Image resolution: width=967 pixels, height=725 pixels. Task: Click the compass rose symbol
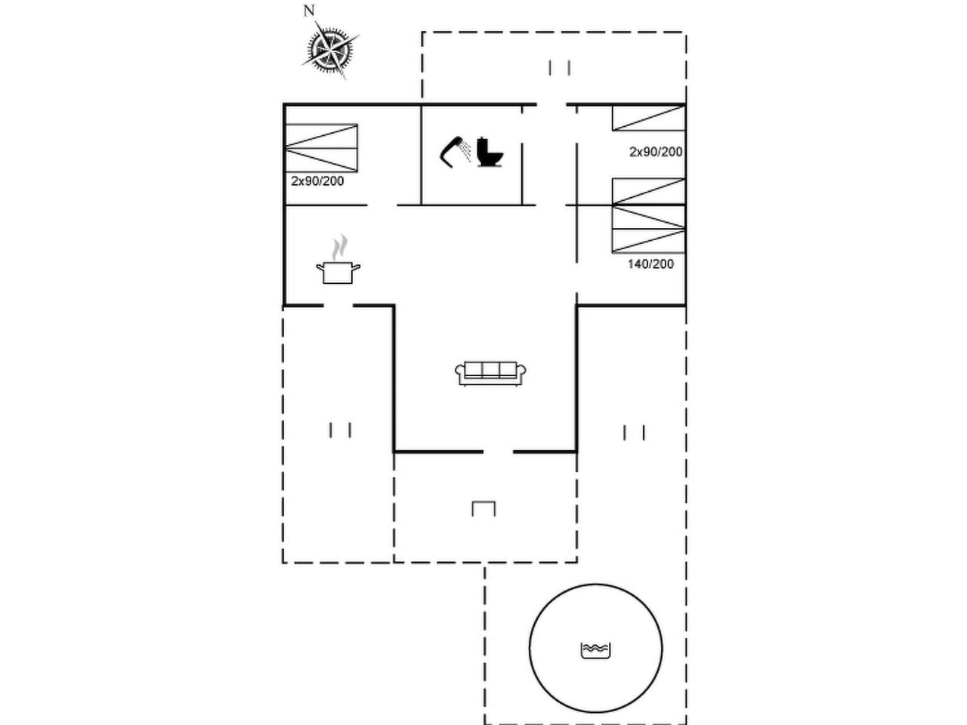point(330,49)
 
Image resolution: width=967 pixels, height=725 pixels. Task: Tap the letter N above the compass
point(309,11)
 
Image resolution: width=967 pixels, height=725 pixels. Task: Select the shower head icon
point(455,152)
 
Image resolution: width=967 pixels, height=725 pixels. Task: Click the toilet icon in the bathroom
point(490,153)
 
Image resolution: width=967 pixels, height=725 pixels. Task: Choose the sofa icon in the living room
point(490,374)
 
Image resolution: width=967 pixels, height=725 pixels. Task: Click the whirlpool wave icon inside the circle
point(595,650)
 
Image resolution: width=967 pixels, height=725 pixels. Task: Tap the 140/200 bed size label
point(650,264)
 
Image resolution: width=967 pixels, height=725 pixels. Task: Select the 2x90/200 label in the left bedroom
point(317,181)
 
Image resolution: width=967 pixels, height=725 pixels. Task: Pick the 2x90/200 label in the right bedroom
point(656,152)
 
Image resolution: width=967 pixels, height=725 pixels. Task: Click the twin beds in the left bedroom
point(321,148)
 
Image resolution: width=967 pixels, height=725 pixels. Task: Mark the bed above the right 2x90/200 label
point(648,118)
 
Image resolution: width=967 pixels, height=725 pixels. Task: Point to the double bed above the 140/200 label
point(648,216)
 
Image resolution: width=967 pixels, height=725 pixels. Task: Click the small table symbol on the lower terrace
point(483,508)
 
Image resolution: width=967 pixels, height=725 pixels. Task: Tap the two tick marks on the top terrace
point(559,68)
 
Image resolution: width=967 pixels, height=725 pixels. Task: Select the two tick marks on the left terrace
point(340,430)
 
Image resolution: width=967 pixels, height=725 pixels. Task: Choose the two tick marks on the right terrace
point(634,433)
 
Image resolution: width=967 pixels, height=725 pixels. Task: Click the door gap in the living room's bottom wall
point(499,452)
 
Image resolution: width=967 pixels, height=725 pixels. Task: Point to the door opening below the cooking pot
point(338,305)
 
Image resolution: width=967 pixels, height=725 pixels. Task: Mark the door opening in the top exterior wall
point(551,105)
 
